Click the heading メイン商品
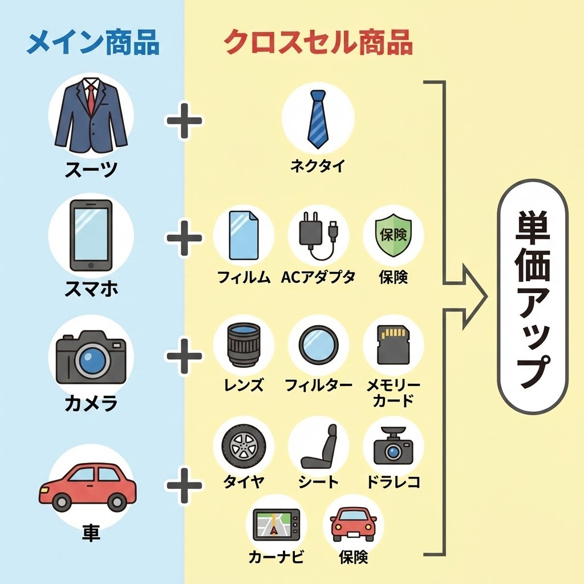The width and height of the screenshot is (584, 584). click(93, 43)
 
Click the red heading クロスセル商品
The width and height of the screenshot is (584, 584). click(318, 43)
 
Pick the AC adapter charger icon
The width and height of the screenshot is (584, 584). click(318, 235)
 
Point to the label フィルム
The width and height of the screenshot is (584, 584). click(244, 277)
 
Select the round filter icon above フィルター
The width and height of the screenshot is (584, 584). click(318, 344)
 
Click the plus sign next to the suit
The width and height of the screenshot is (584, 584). click(184, 121)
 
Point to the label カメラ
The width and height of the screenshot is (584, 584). click(91, 403)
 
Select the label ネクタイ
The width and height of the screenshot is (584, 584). click(318, 166)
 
